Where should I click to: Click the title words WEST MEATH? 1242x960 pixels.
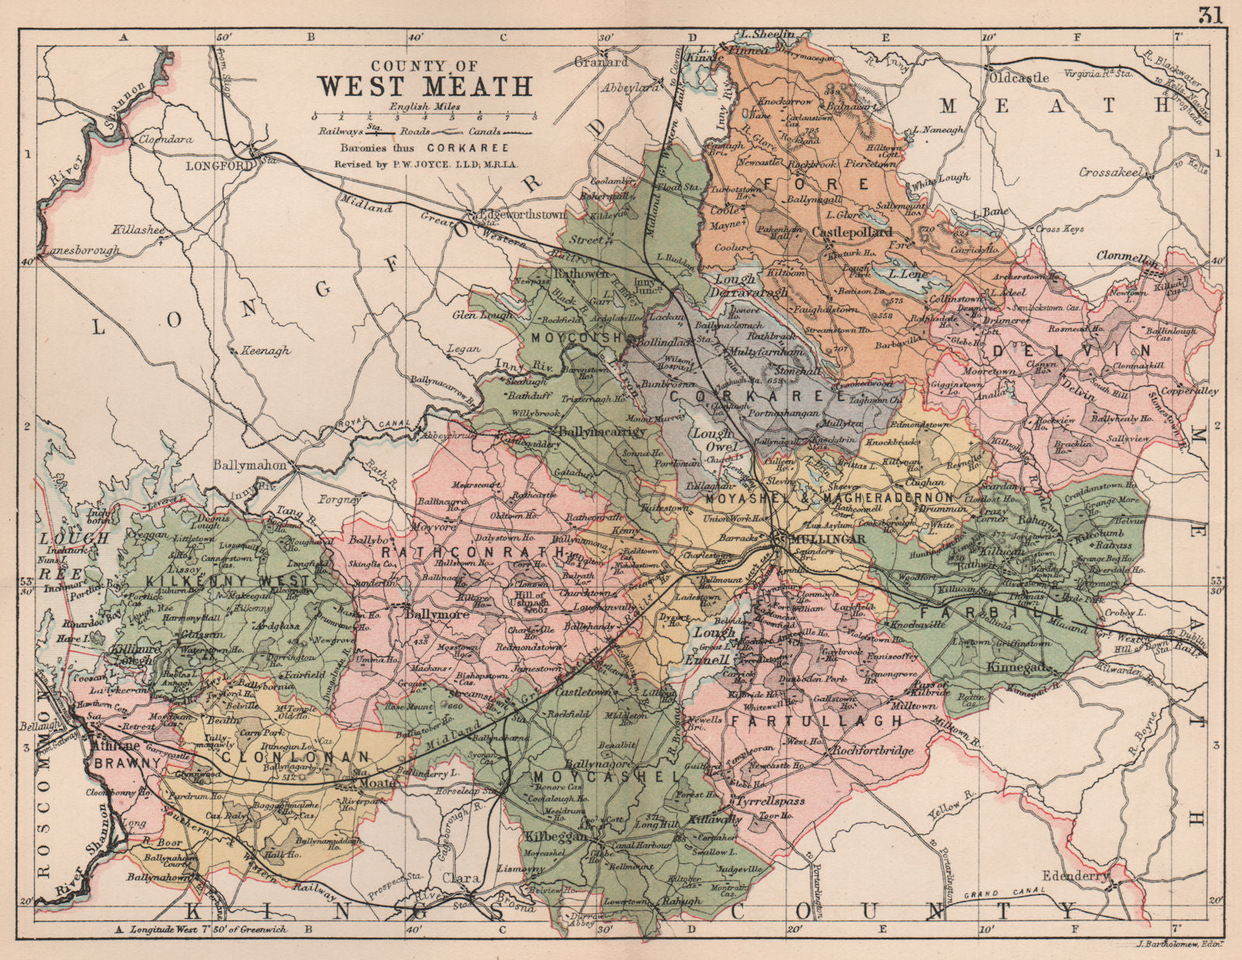pos(425,85)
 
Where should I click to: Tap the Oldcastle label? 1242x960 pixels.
pos(1018,78)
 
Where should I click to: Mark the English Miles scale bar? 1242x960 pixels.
pos(425,116)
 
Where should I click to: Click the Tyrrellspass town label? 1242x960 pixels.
pos(776,800)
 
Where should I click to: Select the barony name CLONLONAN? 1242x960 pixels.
pos(287,755)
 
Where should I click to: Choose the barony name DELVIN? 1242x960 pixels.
pos(1039,351)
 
